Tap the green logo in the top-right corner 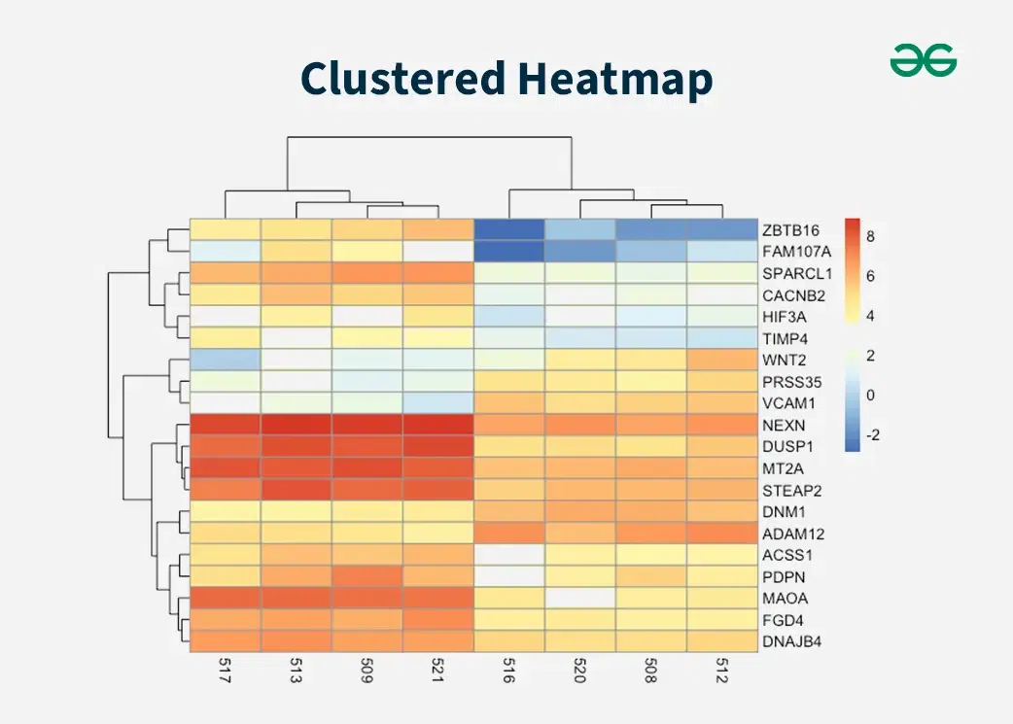[x=923, y=61]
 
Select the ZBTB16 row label [x=791, y=230]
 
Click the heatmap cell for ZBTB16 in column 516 [x=508, y=229]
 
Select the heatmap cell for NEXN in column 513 [x=296, y=426]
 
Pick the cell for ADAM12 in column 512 [x=722, y=534]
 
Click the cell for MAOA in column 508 [x=651, y=598]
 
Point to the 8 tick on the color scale [x=871, y=236]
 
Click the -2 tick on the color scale [x=872, y=435]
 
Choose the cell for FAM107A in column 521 [x=437, y=252]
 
